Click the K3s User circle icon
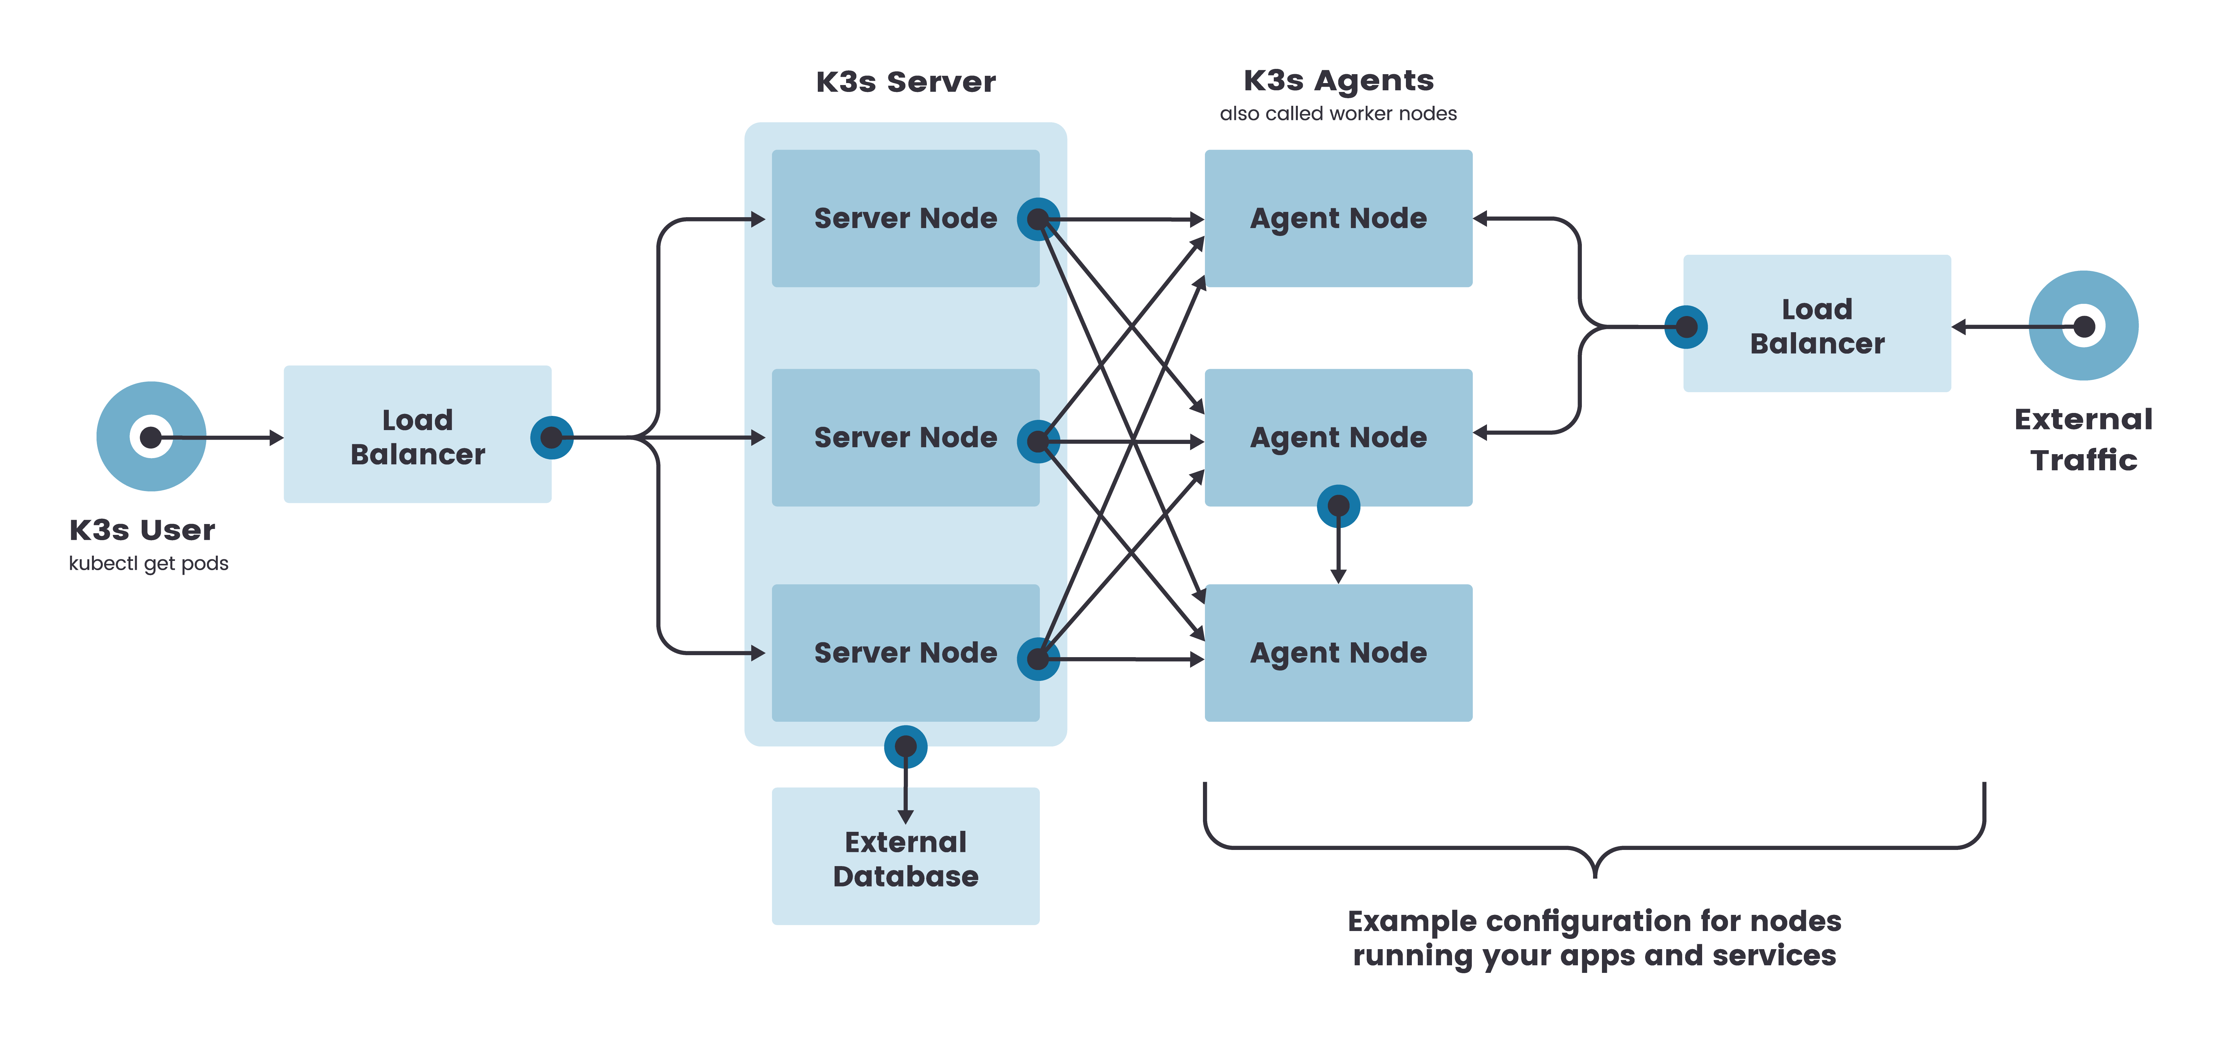click(x=151, y=436)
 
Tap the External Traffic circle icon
click(x=2083, y=326)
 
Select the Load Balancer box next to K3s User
click(x=417, y=435)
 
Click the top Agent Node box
click(x=1338, y=219)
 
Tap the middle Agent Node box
click(x=1338, y=437)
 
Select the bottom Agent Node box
click(x=1338, y=653)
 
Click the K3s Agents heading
click(x=1338, y=80)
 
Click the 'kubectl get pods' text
click(x=149, y=563)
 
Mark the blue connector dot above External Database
click(x=906, y=746)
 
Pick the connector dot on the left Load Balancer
click(x=551, y=437)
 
